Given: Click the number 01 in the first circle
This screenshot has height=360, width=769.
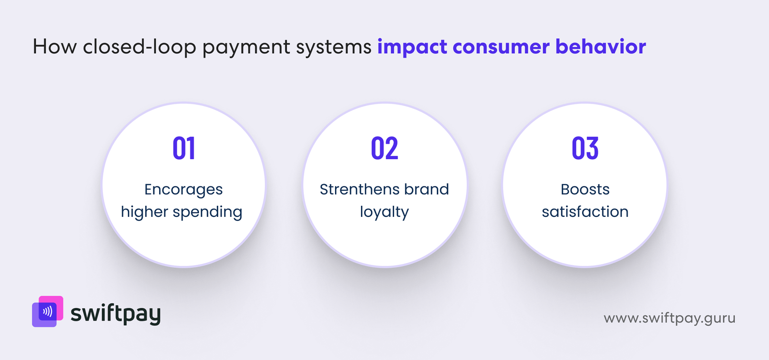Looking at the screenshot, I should coord(184,148).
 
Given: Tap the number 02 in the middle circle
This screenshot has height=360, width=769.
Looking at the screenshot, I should coord(384,148).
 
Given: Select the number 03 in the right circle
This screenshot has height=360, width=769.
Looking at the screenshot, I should coord(585,148).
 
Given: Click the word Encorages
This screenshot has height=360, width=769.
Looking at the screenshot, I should coord(184,189).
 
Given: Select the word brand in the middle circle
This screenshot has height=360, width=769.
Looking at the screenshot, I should coord(426,189).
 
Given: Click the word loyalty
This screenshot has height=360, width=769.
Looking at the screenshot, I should coord(384,212).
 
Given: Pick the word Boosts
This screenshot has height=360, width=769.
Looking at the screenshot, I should coord(585,189).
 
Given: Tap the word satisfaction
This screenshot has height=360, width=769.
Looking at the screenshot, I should coord(585,211).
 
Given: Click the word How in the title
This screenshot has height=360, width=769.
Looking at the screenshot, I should coord(54,47).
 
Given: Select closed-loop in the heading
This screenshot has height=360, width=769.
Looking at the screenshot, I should coord(139,47).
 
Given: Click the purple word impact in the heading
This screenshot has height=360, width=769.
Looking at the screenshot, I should coord(412,47).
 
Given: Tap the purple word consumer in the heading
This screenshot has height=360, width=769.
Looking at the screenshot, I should coord(501,47).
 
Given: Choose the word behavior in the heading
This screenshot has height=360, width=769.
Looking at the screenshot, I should coord(600,47).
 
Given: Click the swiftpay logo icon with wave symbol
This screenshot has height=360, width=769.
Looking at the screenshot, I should coord(48,311).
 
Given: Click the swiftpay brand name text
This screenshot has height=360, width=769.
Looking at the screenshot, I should coord(115,314).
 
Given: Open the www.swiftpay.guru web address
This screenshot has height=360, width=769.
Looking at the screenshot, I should coord(669,318).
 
